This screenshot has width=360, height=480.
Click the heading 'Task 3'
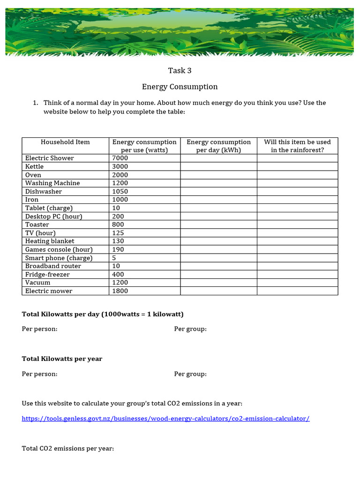click(180, 71)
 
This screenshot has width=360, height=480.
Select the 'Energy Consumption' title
click(180, 87)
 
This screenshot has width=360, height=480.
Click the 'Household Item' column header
click(65, 142)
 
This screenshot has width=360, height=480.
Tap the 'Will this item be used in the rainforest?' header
click(297, 146)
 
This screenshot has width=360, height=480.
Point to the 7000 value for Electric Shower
click(120, 158)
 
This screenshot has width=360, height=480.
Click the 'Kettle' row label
click(34, 167)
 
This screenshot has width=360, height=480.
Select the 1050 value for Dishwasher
click(120, 192)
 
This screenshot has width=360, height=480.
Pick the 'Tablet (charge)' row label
click(49, 208)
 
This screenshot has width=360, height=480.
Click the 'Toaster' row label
click(37, 225)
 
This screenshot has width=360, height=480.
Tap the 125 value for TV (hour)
click(118, 233)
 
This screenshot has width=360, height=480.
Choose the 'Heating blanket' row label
click(50, 241)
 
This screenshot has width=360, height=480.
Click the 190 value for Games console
click(118, 250)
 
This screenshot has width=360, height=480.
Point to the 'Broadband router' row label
click(53, 266)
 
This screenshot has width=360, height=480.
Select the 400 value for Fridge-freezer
click(118, 275)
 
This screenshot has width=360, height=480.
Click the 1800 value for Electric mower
click(120, 291)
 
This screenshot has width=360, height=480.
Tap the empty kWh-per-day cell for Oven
click(218, 175)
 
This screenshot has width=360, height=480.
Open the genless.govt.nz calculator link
click(165, 419)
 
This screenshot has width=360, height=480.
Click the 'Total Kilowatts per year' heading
click(62, 359)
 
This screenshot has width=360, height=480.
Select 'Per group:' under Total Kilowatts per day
click(190, 329)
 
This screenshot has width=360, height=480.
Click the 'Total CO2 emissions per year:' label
click(68, 449)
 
